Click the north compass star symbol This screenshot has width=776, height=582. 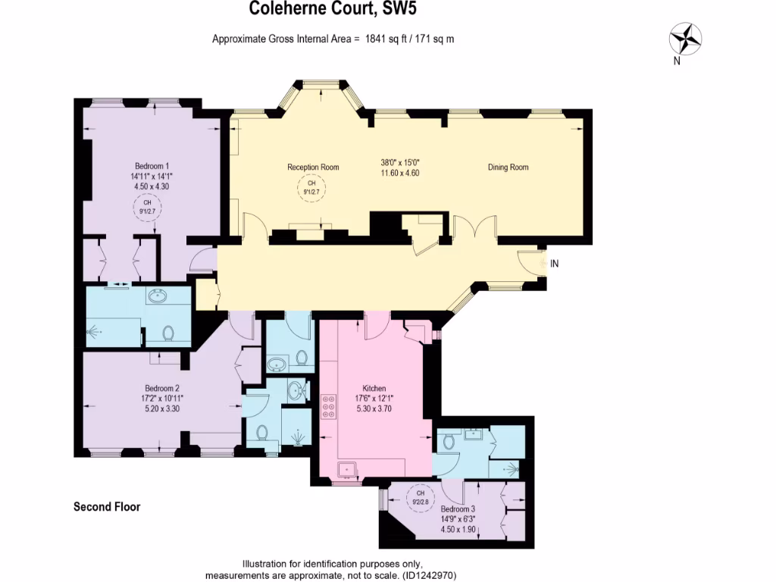686,38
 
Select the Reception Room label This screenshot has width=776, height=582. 313,167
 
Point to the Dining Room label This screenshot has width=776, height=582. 508,167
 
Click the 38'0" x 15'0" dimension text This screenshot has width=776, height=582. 399,161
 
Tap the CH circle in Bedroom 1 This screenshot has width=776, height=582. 148,207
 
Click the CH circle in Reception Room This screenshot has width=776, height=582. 310,186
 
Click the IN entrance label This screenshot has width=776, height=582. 554,264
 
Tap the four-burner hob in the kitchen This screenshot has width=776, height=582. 330,407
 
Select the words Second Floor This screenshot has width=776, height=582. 107,507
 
